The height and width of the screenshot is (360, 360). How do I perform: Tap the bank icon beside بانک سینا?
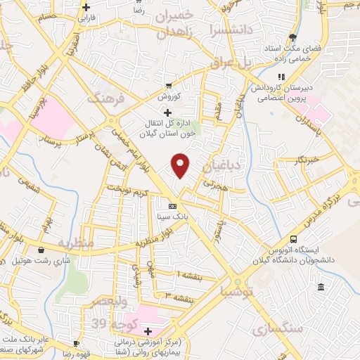[x=173, y=206]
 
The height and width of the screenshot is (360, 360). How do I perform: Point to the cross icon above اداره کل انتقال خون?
[x=167, y=112]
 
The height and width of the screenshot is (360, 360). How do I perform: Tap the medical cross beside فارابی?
[x=85, y=7]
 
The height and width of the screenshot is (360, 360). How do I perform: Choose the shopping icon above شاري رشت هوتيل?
[x=41, y=250]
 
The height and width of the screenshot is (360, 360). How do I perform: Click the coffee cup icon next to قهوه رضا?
[x=76, y=344]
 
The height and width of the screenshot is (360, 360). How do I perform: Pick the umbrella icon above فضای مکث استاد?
[x=292, y=38]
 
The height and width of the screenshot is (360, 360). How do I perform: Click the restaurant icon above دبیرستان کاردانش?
[x=281, y=77]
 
